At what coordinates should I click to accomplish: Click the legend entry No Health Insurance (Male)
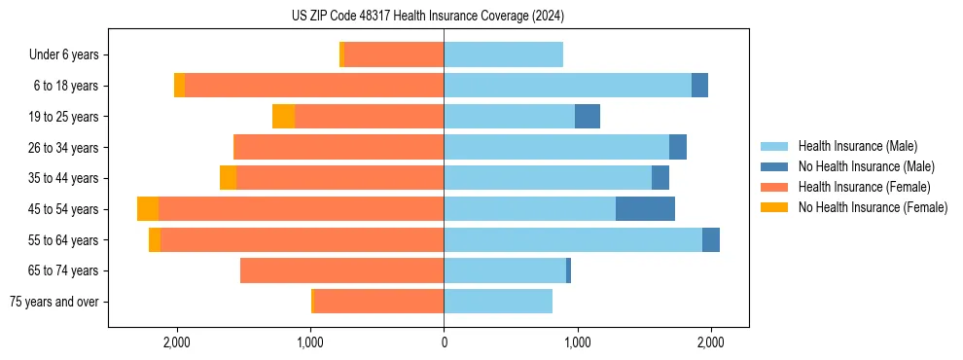coord(866,166)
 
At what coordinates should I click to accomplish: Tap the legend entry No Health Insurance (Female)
coord(873,207)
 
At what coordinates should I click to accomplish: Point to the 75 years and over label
coord(53,302)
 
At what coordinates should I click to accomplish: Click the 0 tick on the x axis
coord(444,343)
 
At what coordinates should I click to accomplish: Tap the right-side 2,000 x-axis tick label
coord(710,343)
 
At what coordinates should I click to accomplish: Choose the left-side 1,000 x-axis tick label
coord(310,343)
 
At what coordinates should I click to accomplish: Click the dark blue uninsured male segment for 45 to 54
coord(645,209)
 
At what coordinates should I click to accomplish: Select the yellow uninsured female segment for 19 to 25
coord(283,117)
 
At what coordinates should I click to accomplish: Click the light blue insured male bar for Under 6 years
coord(503,55)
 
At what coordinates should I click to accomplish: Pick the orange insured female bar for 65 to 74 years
coord(341,270)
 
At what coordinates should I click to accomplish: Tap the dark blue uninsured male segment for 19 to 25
coord(588,117)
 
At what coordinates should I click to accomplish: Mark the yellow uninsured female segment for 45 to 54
coord(148,209)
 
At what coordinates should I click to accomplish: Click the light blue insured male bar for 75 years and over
coord(498,302)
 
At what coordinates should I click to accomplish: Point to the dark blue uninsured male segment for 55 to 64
coord(711,240)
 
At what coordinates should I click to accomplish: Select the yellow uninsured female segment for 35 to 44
coord(228,178)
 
